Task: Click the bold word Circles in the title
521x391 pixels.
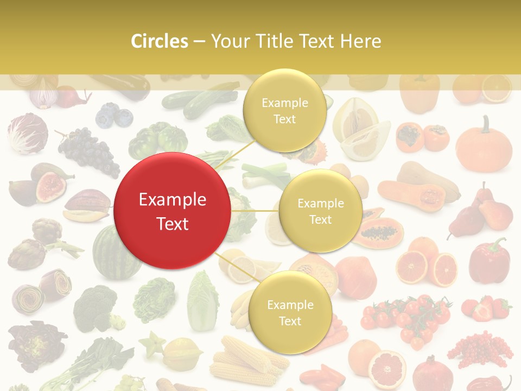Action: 160,41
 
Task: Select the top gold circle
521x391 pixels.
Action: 284,110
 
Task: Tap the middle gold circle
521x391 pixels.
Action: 320,211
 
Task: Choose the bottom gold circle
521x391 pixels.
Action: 290,312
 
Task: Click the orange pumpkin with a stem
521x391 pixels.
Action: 484,146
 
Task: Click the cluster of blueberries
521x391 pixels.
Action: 114,116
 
